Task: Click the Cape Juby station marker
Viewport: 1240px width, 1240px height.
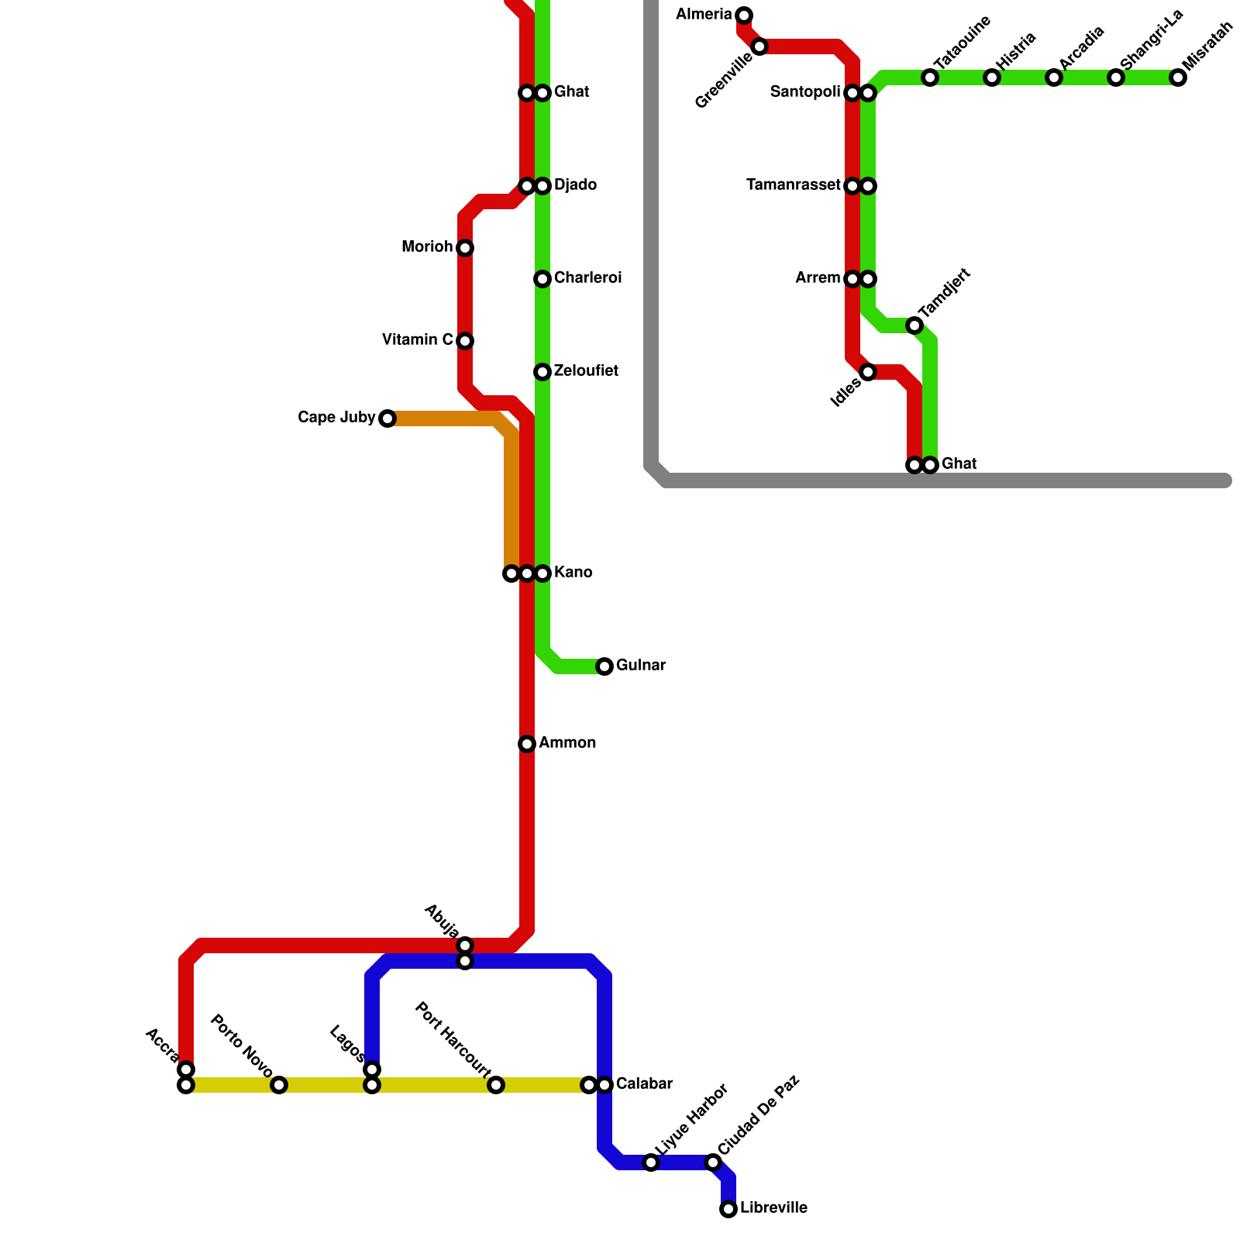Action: coord(387,418)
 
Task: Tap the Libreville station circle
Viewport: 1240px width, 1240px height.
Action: coord(728,1209)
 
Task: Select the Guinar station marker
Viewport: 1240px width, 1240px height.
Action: coord(604,666)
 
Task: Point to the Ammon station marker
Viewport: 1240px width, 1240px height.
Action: coord(527,744)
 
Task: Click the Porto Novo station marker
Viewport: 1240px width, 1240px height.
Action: coord(279,1085)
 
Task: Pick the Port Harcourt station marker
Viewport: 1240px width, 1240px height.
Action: coord(496,1085)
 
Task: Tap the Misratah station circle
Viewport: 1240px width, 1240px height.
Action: coord(1178,77)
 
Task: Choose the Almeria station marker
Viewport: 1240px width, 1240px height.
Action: coord(744,15)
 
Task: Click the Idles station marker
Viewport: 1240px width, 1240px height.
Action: coord(868,372)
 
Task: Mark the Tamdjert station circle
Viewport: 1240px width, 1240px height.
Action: coord(914,325)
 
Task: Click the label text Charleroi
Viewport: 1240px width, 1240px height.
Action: coord(587,278)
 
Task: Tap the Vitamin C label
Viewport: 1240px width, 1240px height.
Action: coord(418,340)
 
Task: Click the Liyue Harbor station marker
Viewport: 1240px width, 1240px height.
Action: coord(651,1162)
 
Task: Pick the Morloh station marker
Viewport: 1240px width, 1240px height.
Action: coord(465,248)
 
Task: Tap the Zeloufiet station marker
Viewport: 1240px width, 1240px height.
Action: coord(542,372)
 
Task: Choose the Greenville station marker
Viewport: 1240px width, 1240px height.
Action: coord(759,46)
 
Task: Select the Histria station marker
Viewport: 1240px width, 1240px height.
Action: coord(992,77)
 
